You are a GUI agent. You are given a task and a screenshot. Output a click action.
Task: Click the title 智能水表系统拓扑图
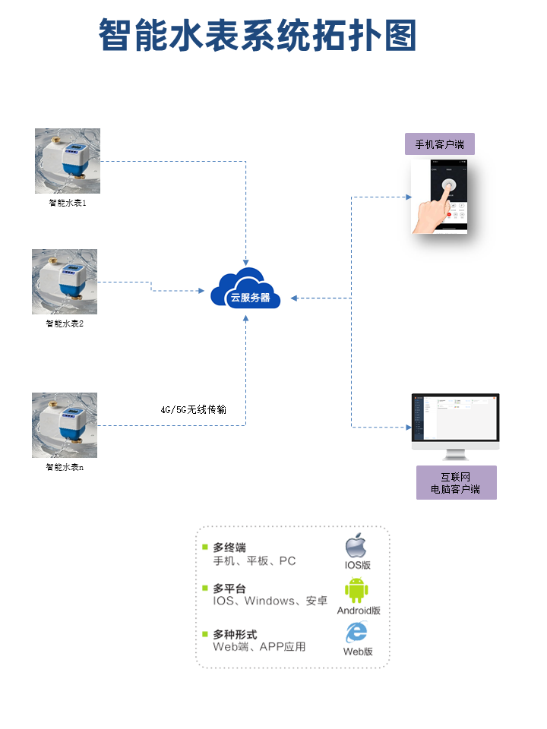(x=258, y=36)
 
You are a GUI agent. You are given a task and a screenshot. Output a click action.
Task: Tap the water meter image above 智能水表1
(x=68, y=161)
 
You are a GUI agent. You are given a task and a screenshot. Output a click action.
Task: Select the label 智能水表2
(x=65, y=323)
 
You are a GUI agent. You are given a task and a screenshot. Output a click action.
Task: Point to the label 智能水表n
(x=65, y=467)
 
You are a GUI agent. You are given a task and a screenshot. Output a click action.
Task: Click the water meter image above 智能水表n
(x=65, y=425)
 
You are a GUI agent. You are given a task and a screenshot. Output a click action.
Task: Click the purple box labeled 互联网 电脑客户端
(x=456, y=483)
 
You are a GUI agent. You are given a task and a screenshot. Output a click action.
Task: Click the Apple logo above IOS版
(x=356, y=546)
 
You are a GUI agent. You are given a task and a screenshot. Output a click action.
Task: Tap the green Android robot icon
(x=356, y=590)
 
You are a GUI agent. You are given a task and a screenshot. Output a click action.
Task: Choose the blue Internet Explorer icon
(x=356, y=632)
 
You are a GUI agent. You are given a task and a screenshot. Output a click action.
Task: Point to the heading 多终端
(x=229, y=548)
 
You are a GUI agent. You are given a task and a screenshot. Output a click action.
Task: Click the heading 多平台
(x=229, y=589)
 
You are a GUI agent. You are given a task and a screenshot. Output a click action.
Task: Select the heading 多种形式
(x=235, y=634)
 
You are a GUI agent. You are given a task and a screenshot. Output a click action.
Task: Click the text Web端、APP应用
(x=259, y=647)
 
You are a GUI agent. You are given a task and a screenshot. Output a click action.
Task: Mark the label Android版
(x=359, y=611)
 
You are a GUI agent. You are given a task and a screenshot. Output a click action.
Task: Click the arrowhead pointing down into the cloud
(x=246, y=260)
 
